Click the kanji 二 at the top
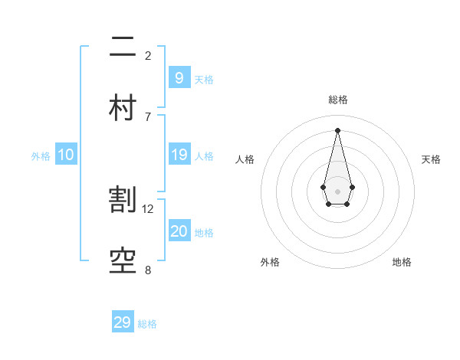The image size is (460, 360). [x=123, y=47]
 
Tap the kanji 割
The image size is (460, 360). [x=123, y=200]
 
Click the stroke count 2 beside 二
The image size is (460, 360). [x=148, y=55]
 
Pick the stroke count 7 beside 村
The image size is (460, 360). [x=148, y=116]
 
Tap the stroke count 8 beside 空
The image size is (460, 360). [x=148, y=270]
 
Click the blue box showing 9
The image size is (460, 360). [x=179, y=77]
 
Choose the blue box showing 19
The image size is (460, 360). [x=179, y=155]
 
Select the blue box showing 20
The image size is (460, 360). [x=179, y=231]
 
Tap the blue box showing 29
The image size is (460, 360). [x=123, y=322]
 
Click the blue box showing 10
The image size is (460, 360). [x=65, y=155]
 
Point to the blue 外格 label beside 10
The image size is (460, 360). [x=41, y=156]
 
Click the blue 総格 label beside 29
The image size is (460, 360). [x=147, y=325]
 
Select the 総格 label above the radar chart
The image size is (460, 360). [x=337, y=100]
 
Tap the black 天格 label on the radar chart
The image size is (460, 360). [x=432, y=159]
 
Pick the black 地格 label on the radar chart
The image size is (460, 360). [x=402, y=262]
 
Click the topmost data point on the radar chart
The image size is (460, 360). [x=337, y=130]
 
